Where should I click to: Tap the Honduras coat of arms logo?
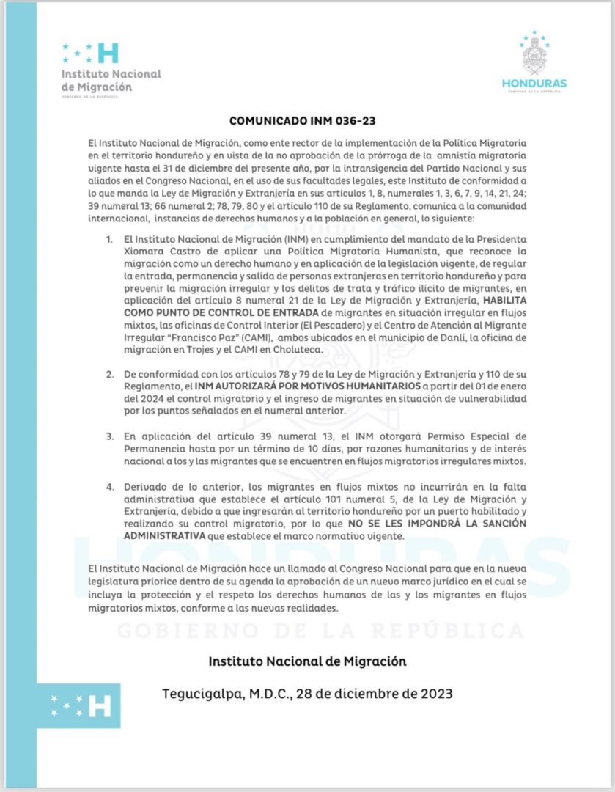pos(535,56)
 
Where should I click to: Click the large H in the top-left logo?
pos(108,53)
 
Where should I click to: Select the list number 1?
pos(109,240)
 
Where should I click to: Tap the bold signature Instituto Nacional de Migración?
pos(307,661)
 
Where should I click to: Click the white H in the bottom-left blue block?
pos(100,706)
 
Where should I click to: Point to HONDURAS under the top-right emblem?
pos(534,83)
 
